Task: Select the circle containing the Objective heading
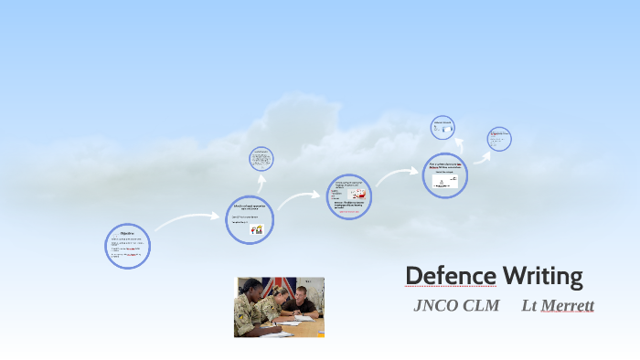(x=128, y=246)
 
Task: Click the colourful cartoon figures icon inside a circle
(x=256, y=230)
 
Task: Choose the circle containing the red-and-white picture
(x=349, y=196)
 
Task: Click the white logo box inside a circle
(x=445, y=181)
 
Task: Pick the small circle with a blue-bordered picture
(x=443, y=128)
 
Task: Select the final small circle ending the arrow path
(x=498, y=139)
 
